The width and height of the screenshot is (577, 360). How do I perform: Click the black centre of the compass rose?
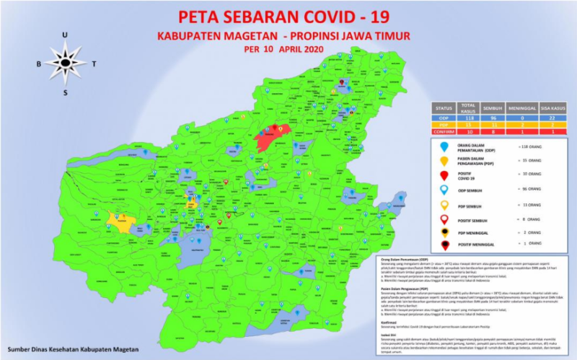pos(65,63)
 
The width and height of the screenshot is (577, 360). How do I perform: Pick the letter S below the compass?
pos(65,92)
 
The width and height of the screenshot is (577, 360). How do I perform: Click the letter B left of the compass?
pos(39,63)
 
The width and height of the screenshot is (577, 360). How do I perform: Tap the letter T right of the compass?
pos(94,63)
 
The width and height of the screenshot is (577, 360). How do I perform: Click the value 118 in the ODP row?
pos(471,117)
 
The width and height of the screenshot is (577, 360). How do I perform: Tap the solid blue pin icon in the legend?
pos(445,147)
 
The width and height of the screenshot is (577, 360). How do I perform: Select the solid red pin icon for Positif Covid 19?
pos(445,176)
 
